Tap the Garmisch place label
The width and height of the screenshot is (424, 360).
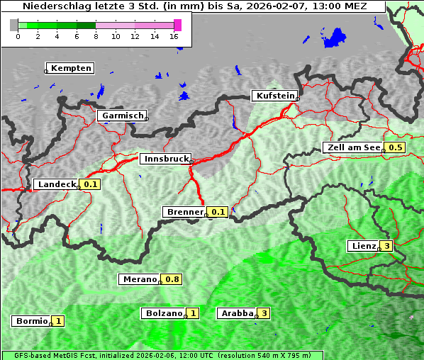[x=123, y=116]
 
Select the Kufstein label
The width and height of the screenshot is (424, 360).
[x=274, y=96]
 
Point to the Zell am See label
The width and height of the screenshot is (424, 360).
[x=352, y=147]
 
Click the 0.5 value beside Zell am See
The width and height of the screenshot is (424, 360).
[x=395, y=147]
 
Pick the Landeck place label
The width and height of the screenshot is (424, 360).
[x=57, y=184]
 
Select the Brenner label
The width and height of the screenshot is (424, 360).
[x=185, y=212]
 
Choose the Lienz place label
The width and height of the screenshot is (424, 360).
[x=363, y=246]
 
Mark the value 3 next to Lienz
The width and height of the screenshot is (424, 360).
[x=386, y=246]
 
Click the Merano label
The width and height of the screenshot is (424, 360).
[x=138, y=279]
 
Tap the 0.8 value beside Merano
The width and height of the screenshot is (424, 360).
[x=172, y=279]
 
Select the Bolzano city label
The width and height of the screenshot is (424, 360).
[x=163, y=313]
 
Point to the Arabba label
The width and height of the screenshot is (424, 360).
[x=238, y=313]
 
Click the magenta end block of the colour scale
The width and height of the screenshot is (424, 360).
[x=177, y=25]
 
